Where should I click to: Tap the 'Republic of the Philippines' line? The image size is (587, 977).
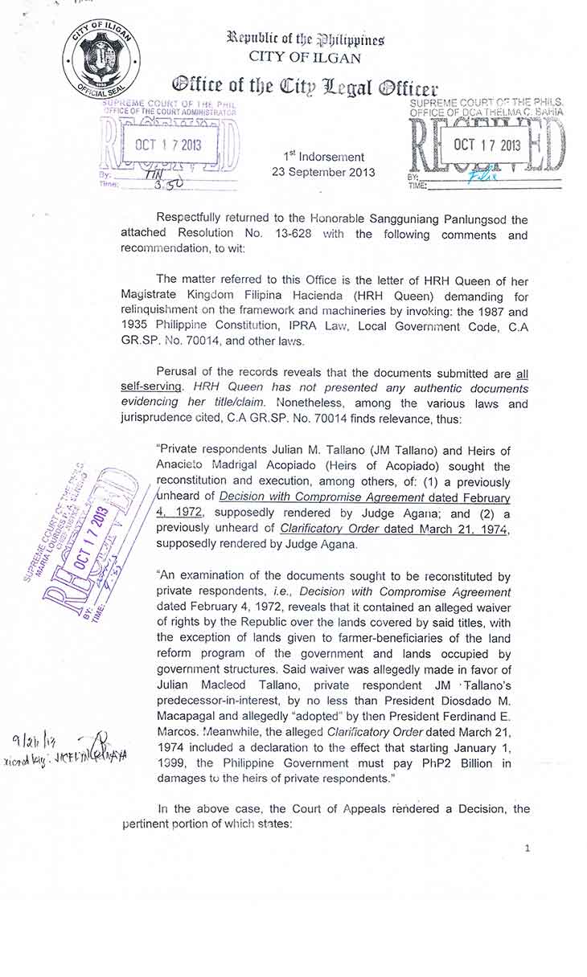point(305,39)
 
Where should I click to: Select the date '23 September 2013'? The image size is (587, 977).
point(323,172)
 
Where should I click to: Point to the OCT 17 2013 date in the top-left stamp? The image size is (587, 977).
point(168,145)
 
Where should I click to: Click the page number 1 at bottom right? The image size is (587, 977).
point(527,848)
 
